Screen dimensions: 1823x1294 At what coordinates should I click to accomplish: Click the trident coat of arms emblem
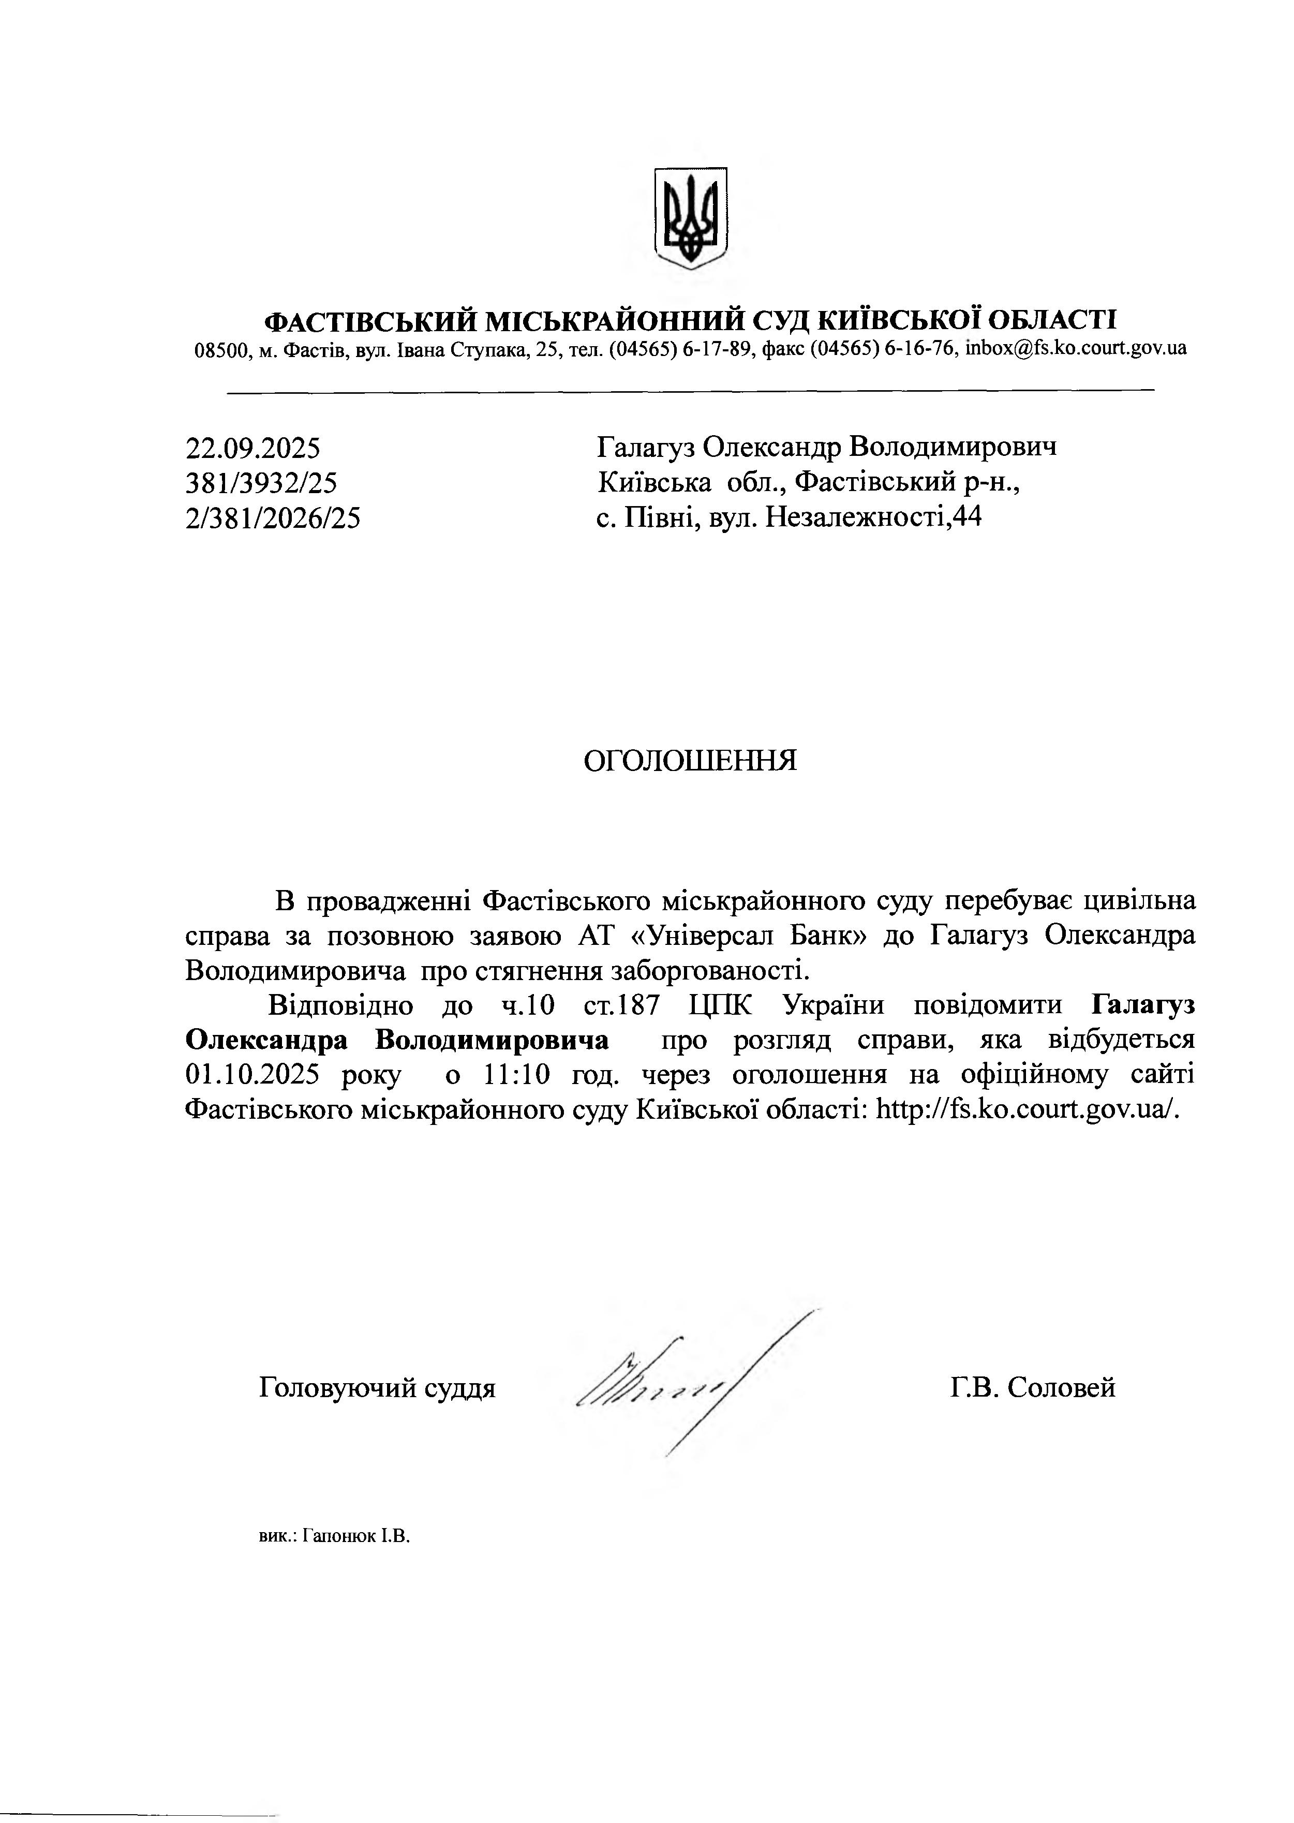tap(690, 217)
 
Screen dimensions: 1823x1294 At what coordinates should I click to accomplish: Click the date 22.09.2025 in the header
tap(252, 449)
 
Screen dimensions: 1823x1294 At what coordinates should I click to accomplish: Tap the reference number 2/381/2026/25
tap(273, 518)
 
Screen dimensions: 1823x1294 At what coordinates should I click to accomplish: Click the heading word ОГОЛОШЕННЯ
tap(690, 761)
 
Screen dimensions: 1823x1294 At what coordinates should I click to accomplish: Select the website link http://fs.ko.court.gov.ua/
tap(1027, 1110)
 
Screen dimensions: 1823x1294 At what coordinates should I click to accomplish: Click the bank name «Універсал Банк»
tap(758, 936)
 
